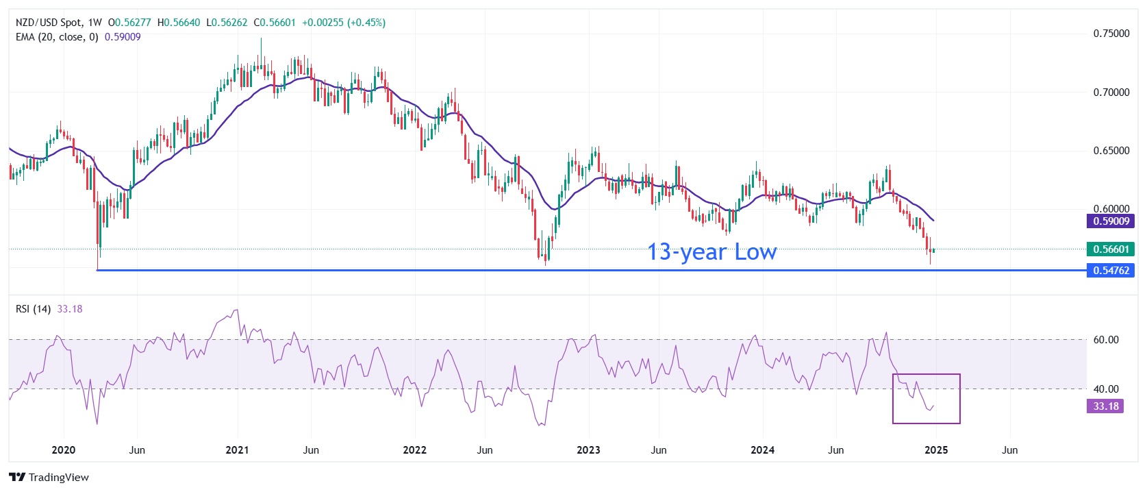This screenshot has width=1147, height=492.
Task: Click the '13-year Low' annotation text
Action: (x=711, y=252)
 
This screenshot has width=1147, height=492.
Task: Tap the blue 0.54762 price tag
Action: (x=1110, y=271)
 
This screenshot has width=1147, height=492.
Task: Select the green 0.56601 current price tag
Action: (x=1110, y=249)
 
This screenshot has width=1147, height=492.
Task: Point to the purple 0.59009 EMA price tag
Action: (x=1110, y=221)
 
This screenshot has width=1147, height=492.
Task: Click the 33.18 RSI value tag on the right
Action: (x=1105, y=406)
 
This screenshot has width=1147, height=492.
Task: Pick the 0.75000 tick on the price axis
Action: (x=1111, y=34)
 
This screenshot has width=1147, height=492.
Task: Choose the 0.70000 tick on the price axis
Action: (x=1111, y=93)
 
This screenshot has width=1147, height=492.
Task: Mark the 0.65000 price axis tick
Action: (x=1111, y=151)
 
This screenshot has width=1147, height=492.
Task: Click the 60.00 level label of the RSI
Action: (x=1105, y=340)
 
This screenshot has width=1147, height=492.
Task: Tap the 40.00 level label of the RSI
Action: (x=1105, y=389)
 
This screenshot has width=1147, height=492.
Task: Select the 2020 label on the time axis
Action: (x=64, y=450)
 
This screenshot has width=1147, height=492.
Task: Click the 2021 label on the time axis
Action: (x=237, y=450)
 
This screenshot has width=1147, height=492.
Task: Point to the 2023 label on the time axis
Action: (x=588, y=450)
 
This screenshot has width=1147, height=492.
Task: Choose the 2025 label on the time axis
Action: (x=936, y=450)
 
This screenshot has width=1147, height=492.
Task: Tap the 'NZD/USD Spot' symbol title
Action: (x=49, y=23)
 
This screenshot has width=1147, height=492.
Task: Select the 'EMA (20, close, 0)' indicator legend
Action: (x=57, y=37)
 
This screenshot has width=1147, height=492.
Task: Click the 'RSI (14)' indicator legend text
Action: (x=33, y=309)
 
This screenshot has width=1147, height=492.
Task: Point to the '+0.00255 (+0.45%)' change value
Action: (x=344, y=23)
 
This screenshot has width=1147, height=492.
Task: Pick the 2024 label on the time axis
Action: (x=762, y=450)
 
